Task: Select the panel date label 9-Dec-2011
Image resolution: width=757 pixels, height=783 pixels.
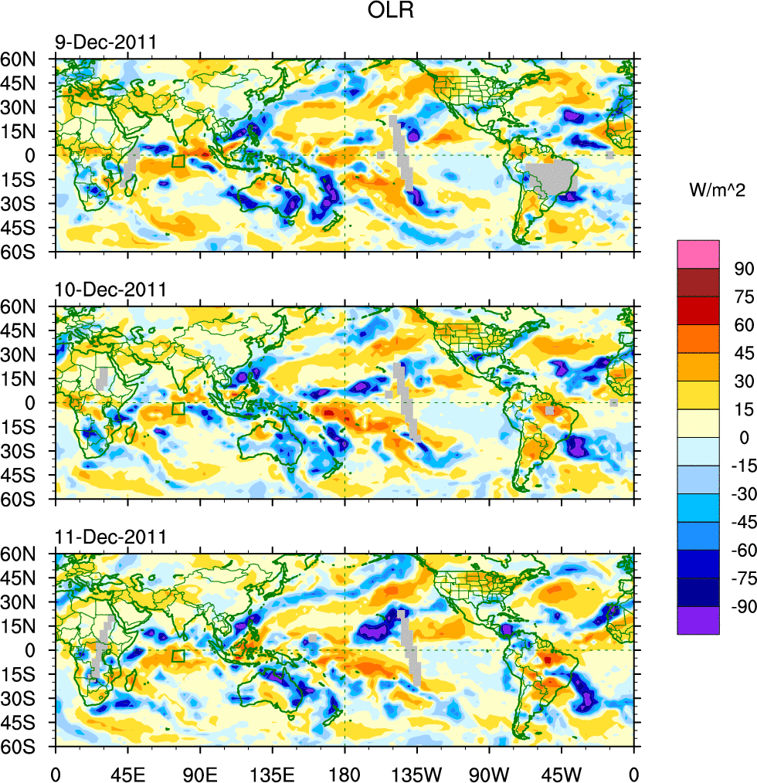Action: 106,42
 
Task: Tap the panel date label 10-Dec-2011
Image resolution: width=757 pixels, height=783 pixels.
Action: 110,290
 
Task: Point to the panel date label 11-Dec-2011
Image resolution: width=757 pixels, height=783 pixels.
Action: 110,537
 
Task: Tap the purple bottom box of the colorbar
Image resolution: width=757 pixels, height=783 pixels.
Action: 698,621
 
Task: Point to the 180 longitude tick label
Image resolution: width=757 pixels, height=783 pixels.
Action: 345,772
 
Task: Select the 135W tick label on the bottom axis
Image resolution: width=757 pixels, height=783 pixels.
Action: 416,772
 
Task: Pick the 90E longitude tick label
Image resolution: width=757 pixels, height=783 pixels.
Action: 200,772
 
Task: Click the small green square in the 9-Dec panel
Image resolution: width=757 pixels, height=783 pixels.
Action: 178,161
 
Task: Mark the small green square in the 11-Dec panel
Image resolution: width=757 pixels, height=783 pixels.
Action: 178,656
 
